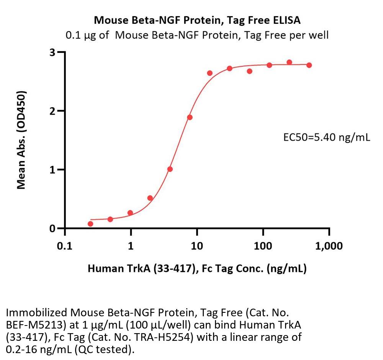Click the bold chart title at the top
[197, 20]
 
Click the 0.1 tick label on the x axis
[65, 246]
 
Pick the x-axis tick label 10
[197, 246]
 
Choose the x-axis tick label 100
[263, 246]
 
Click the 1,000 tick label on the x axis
[329, 246]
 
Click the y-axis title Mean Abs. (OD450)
[22, 140]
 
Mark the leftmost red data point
[90, 224]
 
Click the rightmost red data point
[309, 65]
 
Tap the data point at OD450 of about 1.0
[170, 169]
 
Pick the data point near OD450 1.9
[190, 117]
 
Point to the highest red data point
[289, 62]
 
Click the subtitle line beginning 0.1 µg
[197, 36]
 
